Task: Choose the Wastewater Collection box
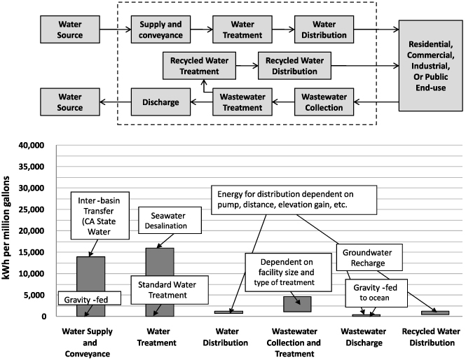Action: (x=319, y=102)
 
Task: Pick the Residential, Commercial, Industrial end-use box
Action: (x=430, y=67)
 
